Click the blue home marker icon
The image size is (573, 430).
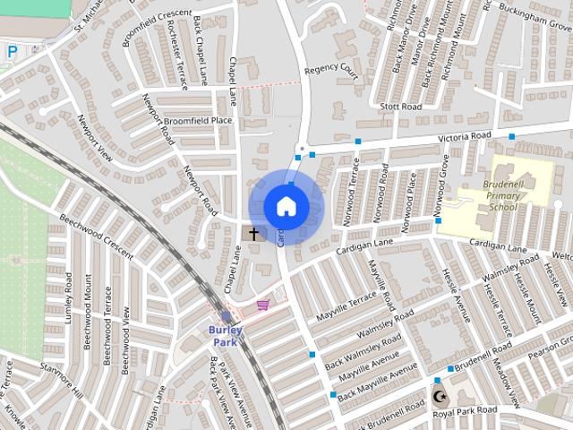286,206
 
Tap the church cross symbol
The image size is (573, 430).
253,234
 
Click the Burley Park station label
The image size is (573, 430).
226,335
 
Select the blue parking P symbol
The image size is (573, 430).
11,53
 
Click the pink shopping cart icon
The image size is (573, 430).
262,305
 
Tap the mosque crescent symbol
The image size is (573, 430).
438,395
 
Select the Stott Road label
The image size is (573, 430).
399,107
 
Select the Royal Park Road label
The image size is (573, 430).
465,410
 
